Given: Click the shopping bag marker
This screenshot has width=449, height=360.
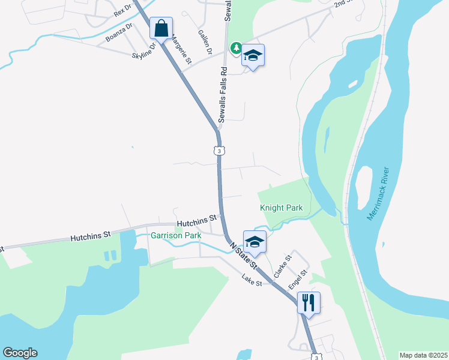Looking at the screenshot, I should [x=161, y=28].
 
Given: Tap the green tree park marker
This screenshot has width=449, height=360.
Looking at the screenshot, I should [x=237, y=47].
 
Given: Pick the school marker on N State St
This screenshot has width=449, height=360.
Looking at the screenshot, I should [x=255, y=242].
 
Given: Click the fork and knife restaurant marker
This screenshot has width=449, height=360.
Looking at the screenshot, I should [x=309, y=302].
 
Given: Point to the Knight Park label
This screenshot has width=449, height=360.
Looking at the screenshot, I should [x=282, y=208].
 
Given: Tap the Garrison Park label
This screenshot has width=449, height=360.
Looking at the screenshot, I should [x=176, y=236].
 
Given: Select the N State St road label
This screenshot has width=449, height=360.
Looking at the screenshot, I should [x=243, y=254].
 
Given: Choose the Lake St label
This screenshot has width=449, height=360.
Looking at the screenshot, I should [x=252, y=278].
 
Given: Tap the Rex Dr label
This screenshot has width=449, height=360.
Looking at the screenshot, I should [x=122, y=12].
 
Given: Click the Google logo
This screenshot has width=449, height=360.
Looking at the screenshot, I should [x=20, y=353].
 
